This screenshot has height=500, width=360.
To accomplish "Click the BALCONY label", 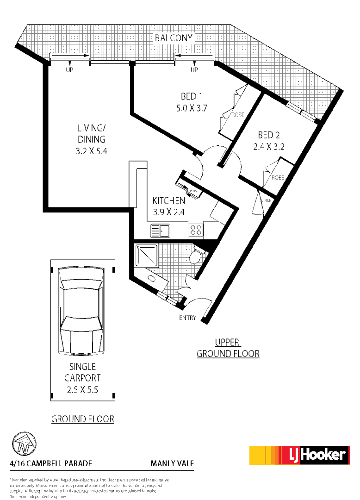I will pyautogui.click(x=174, y=38).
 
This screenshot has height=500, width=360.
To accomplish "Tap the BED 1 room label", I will pyautogui.click(x=192, y=96).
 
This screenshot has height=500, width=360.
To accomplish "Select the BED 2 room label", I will pyautogui.click(x=269, y=135).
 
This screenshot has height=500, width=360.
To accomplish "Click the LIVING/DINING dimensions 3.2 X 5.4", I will pyautogui.click(x=91, y=150).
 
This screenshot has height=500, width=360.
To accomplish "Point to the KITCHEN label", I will pyautogui.click(x=169, y=200).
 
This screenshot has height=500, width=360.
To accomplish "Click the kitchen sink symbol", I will pyautogui.click(x=161, y=230).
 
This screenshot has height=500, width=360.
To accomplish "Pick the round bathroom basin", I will pyautogui.click(x=151, y=279).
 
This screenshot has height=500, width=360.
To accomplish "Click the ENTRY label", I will pyautogui.click(x=187, y=318).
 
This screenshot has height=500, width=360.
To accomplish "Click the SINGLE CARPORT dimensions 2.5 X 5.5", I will pyautogui.click(x=82, y=389).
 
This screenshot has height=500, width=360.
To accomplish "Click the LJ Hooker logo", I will pyautogui.click(x=298, y=455).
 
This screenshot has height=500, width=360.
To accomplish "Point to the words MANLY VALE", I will pyautogui.click(x=172, y=463).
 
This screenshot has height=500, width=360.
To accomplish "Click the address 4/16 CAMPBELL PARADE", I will pyautogui.click(x=51, y=463).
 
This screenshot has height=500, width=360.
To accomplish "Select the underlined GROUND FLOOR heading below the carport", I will pyautogui.click(x=82, y=419).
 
